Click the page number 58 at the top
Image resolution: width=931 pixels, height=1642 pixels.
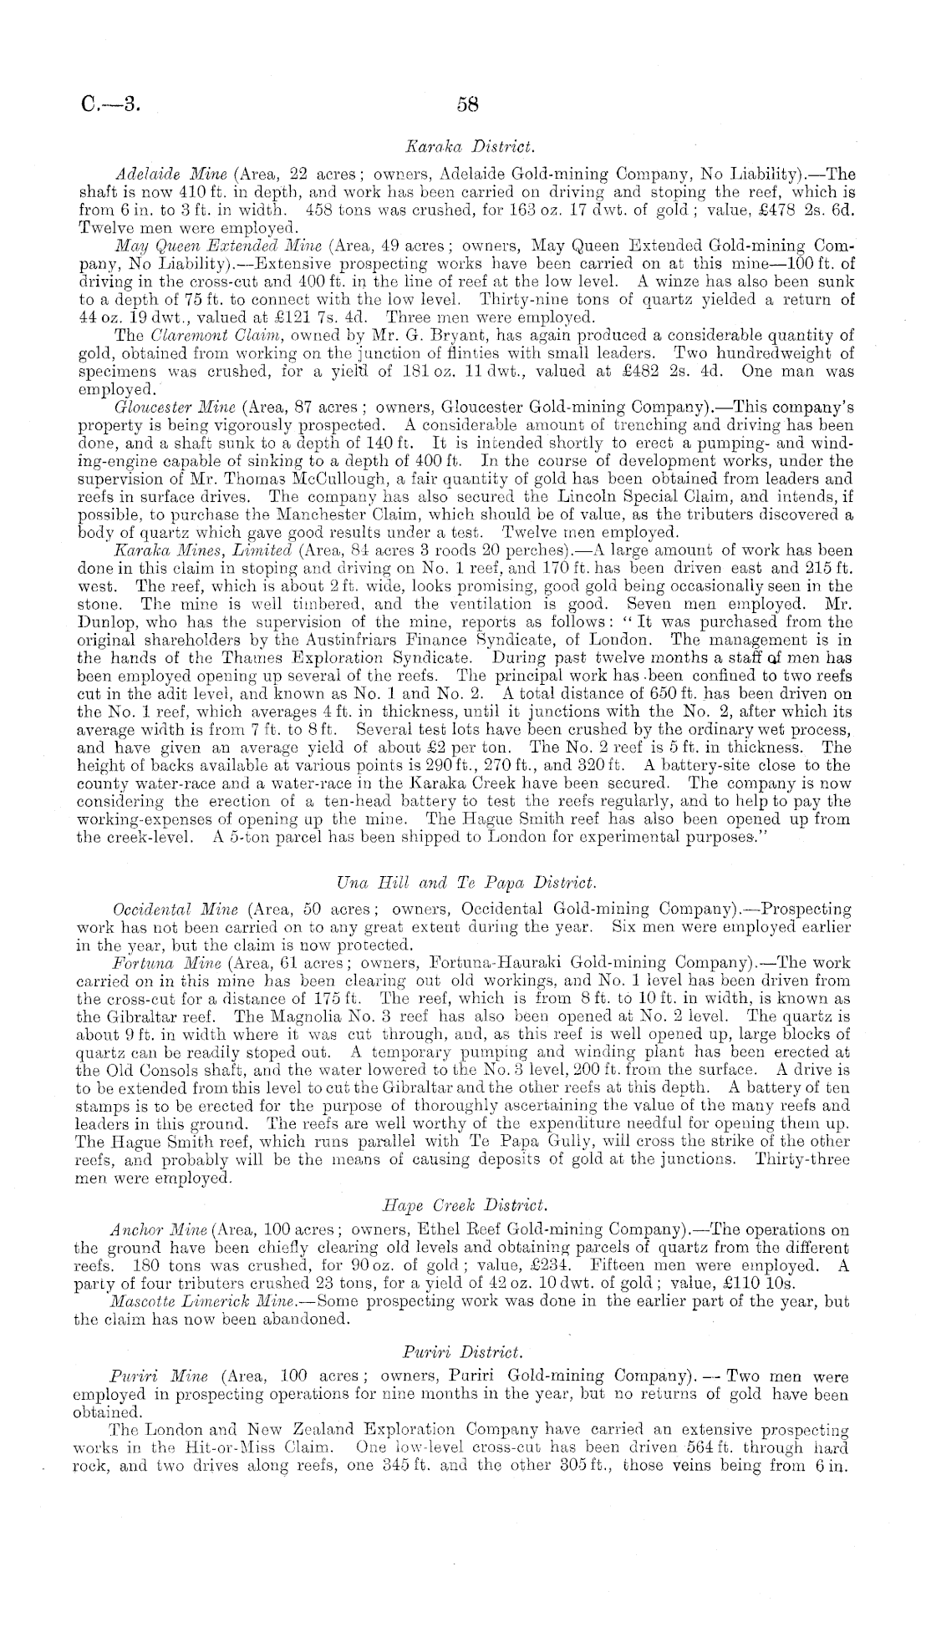pos(466,104)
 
